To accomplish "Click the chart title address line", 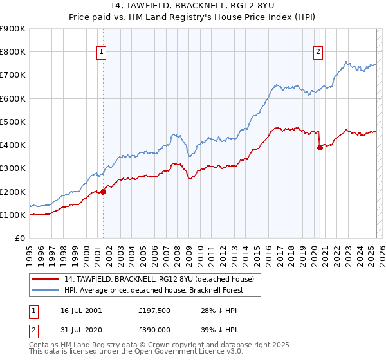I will coord(192,7).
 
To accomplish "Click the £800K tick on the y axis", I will coord(13,52).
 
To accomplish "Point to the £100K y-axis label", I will coord(13,215).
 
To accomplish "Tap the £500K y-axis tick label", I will coord(13,122).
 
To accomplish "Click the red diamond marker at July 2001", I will coord(103,192).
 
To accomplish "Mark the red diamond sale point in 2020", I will coord(319,147).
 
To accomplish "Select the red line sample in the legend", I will coord(44,279).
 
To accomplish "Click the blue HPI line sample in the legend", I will coord(44,290).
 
